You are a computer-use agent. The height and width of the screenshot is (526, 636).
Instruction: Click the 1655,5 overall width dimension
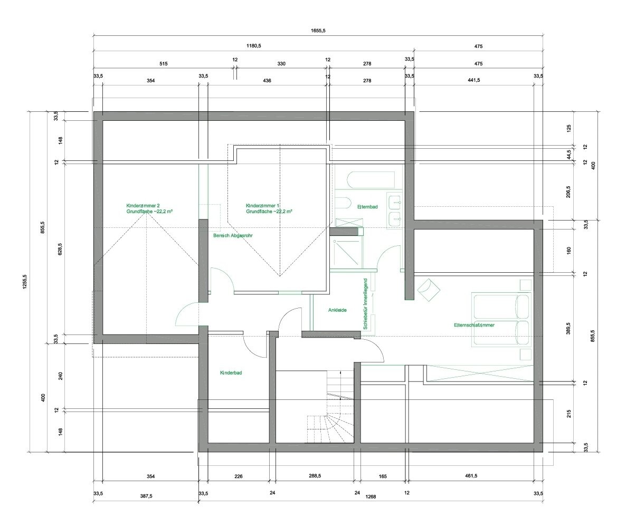coord(318,31)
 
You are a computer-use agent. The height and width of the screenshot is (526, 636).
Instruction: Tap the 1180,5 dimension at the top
coord(254,46)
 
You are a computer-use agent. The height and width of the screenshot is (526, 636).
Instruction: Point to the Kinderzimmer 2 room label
coord(143,206)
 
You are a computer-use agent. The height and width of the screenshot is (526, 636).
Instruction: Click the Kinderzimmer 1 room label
coord(262,206)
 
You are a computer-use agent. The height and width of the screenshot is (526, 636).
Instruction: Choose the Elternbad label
coord(367,207)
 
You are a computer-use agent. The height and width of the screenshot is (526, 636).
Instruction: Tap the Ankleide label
coord(337,310)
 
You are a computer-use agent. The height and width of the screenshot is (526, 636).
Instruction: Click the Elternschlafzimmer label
coord(474,325)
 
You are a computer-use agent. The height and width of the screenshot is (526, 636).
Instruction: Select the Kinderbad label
coord(231,372)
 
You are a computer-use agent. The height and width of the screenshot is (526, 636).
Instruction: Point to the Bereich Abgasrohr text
coord(233,235)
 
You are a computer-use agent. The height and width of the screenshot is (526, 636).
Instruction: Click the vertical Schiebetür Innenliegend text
coord(365,304)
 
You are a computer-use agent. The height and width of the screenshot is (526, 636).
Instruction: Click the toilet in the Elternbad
coord(343,203)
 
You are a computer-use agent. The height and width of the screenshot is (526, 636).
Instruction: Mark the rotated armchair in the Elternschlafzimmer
coord(429,290)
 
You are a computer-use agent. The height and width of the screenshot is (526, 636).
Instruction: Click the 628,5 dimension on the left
coord(60,249)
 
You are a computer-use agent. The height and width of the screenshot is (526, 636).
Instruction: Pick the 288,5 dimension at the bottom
coord(315,476)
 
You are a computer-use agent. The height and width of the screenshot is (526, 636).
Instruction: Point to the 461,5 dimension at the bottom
coord(471,476)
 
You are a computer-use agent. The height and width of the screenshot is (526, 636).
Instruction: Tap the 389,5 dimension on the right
coord(568,329)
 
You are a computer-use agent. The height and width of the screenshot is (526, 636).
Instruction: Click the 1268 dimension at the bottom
coord(371,497)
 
